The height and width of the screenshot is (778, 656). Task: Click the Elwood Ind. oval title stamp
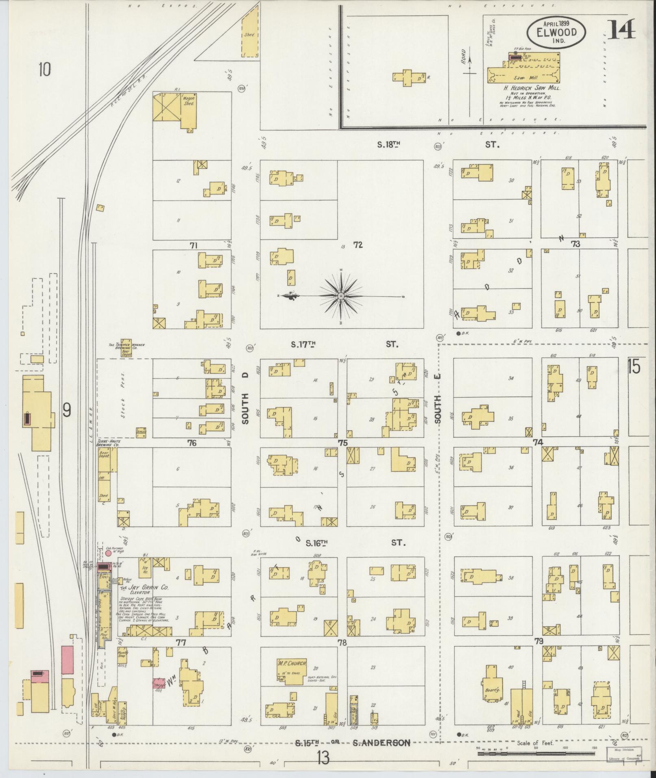coord(557,32)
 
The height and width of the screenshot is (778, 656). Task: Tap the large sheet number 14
coord(621,30)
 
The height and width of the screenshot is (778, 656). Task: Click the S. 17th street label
coord(303,344)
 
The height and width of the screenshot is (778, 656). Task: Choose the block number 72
coord(357,245)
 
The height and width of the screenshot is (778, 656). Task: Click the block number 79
coord(539,641)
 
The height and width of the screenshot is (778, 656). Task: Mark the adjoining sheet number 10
coord(44,70)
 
